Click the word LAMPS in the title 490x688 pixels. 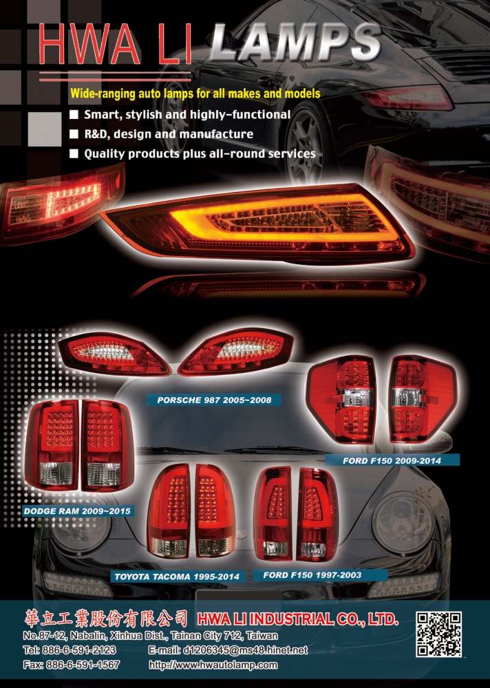[295, 43]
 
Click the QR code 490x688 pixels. [438, 634]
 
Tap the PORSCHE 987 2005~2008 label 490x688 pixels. [214, 400]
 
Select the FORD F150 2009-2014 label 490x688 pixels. [392, 461]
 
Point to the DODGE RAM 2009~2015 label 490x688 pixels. [77, 511]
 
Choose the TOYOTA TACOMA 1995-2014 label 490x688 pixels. [177, 577]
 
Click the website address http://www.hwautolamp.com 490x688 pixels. [213, 665]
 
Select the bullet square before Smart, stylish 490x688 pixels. [74, 114]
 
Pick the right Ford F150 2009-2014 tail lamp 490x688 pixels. [423, 399]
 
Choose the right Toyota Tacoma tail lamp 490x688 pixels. [214, 511]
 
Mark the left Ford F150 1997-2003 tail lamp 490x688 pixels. [273, 513]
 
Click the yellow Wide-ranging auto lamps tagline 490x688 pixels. [195, 94]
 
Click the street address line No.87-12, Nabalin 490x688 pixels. [150, 635]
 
